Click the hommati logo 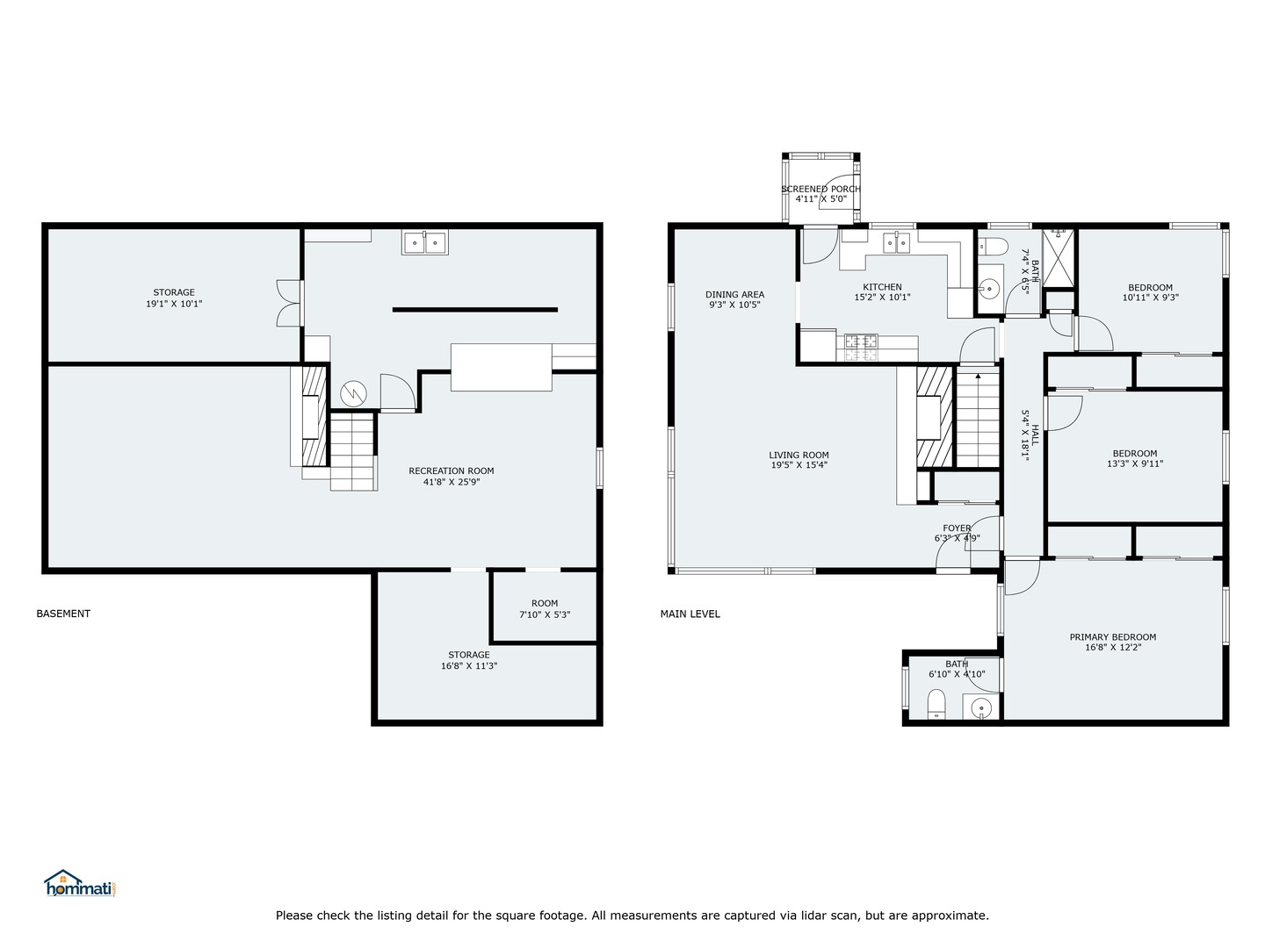coord(80,883)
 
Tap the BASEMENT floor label coord(63,614)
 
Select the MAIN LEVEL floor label coord(690,614)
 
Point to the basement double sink coord(425,242)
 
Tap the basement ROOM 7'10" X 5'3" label coord(544,608)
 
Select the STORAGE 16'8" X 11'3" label coord(468,660)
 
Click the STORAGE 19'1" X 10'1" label coord(174,298)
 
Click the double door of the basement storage coord(288,303)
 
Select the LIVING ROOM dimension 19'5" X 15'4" coord(799,465)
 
